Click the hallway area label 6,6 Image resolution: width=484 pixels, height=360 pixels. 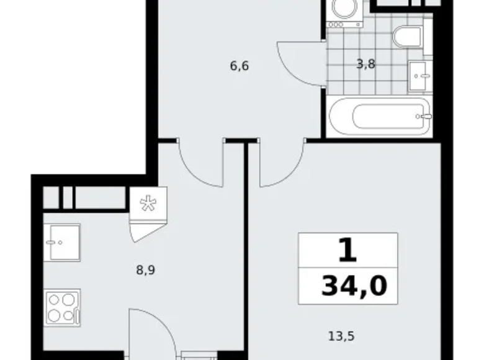coord(239,66)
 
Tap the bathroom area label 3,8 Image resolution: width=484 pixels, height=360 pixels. coord(365,62)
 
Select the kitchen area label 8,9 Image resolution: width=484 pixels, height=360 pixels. coord(145,270)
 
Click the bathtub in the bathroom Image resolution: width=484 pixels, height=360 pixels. coord(379,117)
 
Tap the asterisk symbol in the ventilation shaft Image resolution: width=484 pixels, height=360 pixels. coord(148,205)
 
